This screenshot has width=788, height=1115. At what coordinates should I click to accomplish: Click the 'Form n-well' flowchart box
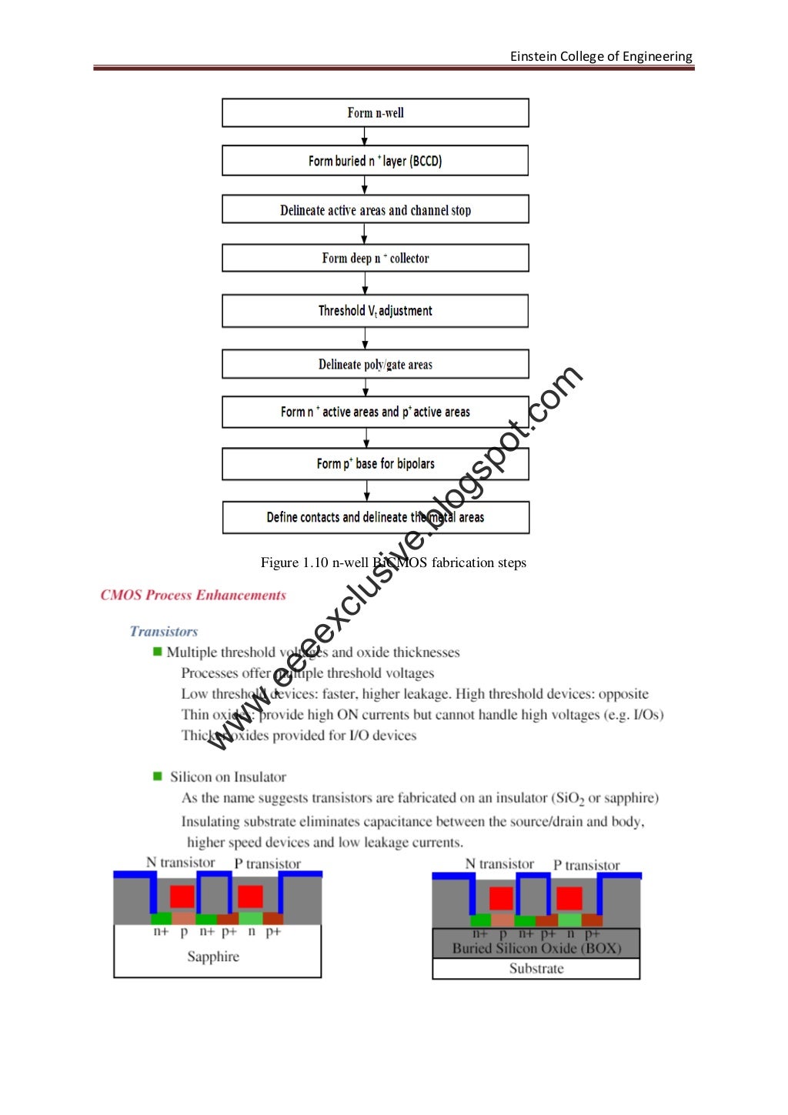376,112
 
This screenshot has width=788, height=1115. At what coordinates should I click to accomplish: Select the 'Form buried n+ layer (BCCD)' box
376,161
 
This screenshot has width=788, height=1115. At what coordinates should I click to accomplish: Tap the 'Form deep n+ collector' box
376,258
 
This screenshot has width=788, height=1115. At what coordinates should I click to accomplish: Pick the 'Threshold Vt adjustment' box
376,311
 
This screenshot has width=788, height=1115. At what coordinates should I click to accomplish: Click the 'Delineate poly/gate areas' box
376,364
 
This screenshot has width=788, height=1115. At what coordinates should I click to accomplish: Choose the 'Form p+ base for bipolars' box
376,464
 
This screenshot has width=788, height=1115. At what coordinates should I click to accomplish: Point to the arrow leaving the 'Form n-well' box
365,136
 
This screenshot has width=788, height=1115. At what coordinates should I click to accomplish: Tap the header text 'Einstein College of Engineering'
601,56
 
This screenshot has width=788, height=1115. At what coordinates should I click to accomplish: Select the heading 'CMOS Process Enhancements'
193,595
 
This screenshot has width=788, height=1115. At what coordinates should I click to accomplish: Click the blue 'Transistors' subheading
164,631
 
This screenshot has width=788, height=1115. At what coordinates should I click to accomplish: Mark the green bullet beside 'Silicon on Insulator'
158,776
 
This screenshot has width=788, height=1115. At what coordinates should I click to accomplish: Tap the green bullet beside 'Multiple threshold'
158,652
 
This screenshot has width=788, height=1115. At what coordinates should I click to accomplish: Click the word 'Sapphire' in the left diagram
213,956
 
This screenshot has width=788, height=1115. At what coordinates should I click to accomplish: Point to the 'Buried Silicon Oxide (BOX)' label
536,948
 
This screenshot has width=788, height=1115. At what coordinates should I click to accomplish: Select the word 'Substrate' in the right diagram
536,969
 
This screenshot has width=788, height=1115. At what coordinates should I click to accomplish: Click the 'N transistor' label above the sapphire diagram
181,863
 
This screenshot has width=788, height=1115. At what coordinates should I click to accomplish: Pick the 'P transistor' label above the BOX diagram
586,865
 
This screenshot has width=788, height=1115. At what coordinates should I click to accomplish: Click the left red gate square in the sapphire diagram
182,896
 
